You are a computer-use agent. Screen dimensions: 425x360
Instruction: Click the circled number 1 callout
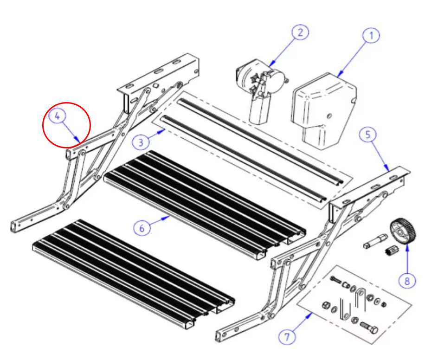point(371,35)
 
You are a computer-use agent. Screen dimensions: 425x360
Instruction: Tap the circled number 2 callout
point(300,32)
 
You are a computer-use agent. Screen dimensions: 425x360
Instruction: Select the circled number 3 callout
point(141,142)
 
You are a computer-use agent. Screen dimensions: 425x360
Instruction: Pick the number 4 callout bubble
point(57,116)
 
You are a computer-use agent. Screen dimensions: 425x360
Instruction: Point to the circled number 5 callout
point(367,135)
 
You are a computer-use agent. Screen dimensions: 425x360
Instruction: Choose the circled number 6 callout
point(142,228)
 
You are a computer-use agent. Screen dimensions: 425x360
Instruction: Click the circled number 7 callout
point(287,337)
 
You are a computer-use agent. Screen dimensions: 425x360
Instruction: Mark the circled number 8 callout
point(407,281)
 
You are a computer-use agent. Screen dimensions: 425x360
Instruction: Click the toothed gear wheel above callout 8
point(403,231)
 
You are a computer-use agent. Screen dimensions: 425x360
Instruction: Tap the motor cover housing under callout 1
point(323,110)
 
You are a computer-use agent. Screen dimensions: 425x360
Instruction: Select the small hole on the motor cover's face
point(329,116)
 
